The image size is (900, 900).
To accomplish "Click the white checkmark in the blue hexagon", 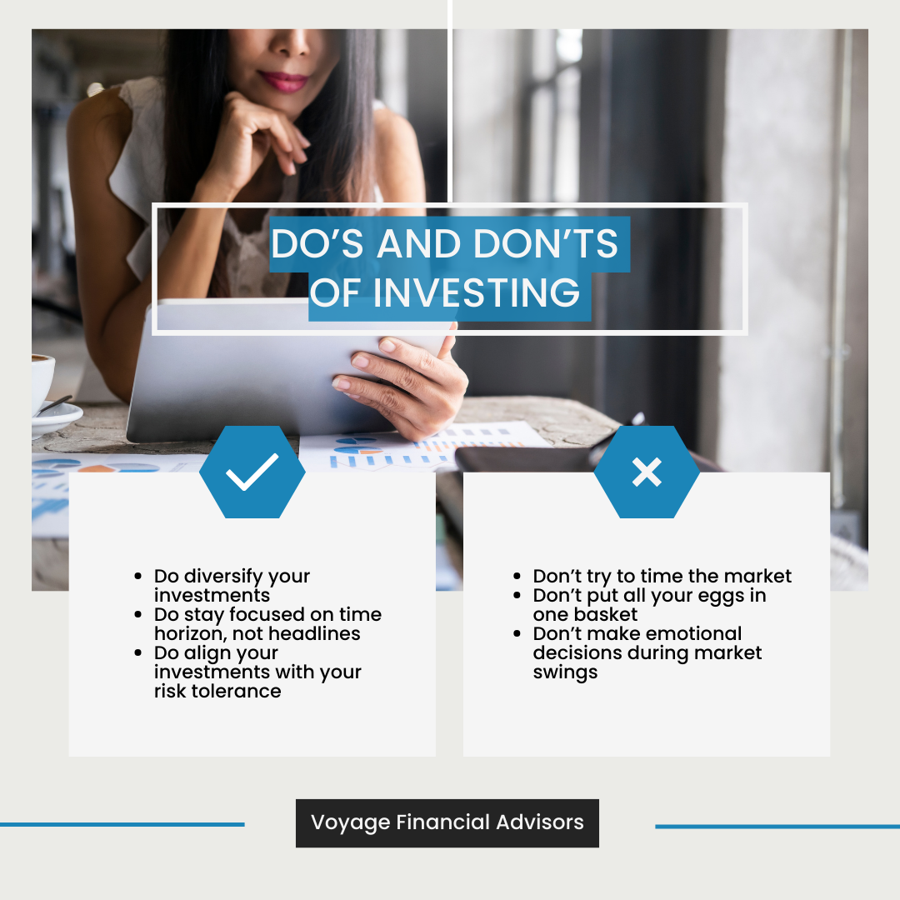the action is click(252, 472).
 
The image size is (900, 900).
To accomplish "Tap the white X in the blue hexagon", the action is click(647, 472).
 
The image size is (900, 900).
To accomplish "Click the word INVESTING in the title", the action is click(477, 292).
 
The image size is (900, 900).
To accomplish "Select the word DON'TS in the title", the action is click(546, 243).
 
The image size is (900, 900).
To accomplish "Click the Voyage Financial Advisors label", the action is click(447, 822).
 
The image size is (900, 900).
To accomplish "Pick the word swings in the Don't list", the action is click(565, 672).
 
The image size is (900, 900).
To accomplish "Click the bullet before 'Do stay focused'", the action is click(137, 614).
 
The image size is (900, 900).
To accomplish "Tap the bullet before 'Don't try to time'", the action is click(517, 576).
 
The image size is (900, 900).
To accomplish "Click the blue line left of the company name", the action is click(122, 824).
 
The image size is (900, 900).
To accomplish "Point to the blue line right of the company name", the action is click(777, 827).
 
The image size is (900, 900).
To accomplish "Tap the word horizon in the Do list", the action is click(191, 633).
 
